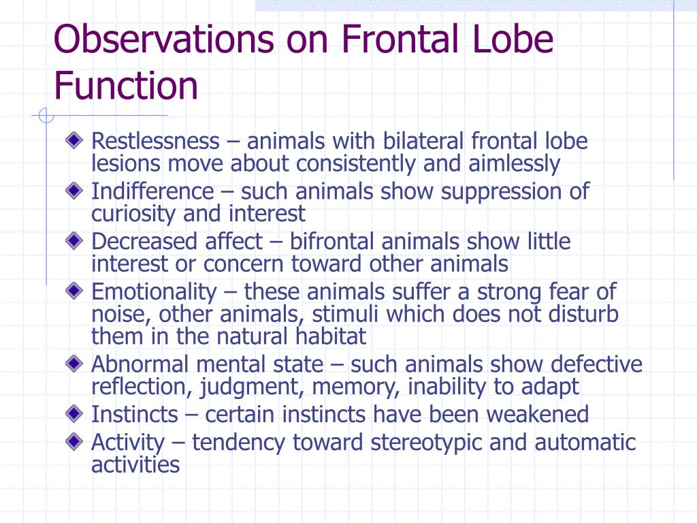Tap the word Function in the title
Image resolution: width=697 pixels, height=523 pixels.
126,86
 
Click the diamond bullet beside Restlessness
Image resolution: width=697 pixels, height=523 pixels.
73,140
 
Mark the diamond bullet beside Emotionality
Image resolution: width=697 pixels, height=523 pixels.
73,291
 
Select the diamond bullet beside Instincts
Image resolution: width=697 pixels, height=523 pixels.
73,413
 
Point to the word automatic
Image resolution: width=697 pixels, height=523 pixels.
585,443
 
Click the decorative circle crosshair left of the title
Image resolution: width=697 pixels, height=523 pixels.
46,116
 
